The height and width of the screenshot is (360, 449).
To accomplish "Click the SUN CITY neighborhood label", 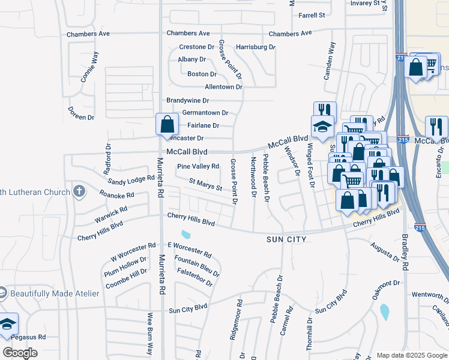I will (286, 239).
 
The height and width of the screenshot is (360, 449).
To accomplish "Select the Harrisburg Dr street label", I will (255, 47).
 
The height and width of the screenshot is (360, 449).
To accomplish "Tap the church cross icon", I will (77, 191).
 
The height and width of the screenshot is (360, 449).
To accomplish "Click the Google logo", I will (20, 352).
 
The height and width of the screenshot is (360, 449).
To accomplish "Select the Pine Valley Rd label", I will (198, 166).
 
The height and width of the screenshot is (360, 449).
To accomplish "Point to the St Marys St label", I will (206, 184).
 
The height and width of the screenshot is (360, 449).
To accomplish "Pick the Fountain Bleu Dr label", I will (197, 266).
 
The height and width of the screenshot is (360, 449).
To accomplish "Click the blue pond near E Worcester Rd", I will (185, 234).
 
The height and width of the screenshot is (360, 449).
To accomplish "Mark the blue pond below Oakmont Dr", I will (384, 311).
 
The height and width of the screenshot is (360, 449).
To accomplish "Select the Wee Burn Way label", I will (150, 333).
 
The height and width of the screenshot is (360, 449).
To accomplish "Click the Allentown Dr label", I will (223, 87).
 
